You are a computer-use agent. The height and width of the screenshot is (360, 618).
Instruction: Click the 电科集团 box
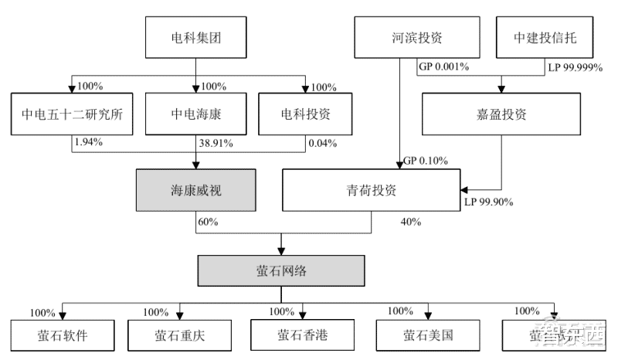pyautogui.click(x=196, y=37)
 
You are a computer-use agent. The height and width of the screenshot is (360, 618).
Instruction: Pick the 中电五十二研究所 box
pyautogui.click(x=73, y=114)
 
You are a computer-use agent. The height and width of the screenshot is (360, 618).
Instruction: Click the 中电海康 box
pyautogui.click(x=196, y=114)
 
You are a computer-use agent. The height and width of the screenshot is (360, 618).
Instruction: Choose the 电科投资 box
pyautogui.click(x=305, y=114)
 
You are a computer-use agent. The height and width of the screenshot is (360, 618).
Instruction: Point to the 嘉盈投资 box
pyautogui.click(x=501, y=114)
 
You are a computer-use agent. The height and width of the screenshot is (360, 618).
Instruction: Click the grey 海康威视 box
pyautogui.click(x=195, y=190)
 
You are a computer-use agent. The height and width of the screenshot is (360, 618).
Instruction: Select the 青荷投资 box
pyautogui.click(x=373, y=190)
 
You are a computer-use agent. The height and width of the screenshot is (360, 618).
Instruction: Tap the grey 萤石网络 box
pyautogui.click(x=280, y=272)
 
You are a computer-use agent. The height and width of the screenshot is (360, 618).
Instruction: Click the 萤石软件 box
pyautogui.click(x=63, y=336)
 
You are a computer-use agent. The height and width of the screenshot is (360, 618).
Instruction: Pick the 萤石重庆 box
pyautogui.click(x=178, y=336)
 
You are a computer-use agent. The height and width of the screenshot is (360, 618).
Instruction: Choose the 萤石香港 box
pyautogui.click(x=304, y=335)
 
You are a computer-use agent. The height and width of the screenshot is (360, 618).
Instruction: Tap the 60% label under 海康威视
pyautogui.click(x=208, y=222)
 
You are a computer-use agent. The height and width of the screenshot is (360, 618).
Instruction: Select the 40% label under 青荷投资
pyautogui.click(x=411, y=222)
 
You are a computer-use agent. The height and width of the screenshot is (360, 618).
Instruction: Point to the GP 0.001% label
pyautogui.click(x=444, y=68)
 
